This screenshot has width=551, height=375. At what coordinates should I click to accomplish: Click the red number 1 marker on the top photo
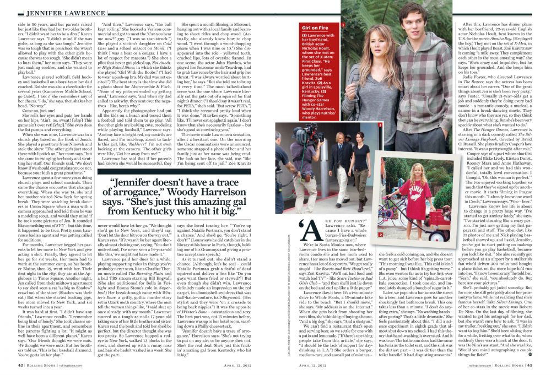coord(343,24)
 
